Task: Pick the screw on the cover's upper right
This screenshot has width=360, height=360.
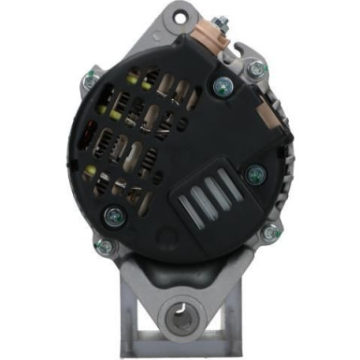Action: pos(223,87)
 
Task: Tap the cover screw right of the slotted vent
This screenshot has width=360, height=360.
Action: pos(256,172)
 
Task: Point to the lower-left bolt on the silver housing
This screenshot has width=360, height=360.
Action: pos(104,246)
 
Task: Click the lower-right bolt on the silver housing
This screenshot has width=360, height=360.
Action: pos(269,234)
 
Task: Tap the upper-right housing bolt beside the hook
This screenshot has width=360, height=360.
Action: pos(254,66)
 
